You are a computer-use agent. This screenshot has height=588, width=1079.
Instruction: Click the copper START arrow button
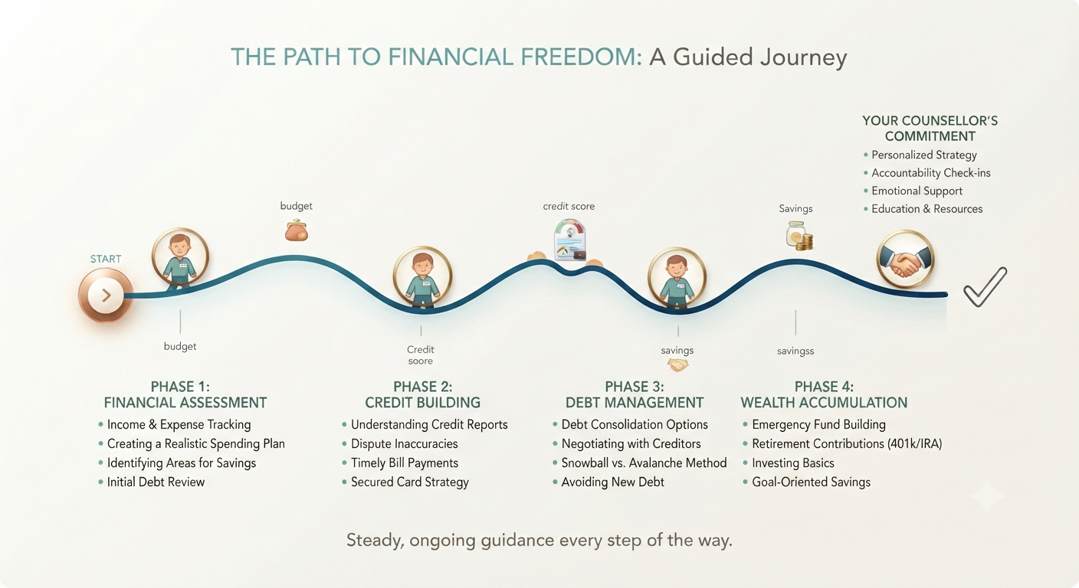(x=106, y=295)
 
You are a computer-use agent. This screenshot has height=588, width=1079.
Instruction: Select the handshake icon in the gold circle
(x=905, y=260)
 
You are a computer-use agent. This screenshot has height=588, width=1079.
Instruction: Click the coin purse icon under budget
(x=297, y=230)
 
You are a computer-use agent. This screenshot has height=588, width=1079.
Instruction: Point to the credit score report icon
(x=570, y=240)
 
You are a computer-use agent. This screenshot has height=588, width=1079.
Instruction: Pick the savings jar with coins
(x=799, y=236)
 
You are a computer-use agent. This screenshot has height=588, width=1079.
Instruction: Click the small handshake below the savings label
(x=677, y=365)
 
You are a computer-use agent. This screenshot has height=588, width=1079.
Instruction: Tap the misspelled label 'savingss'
(x=795, y=351)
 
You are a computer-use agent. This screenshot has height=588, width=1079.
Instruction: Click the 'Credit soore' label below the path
(x=421, y=355)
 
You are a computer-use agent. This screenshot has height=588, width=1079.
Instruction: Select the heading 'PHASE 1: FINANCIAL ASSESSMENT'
(x=185, y=394)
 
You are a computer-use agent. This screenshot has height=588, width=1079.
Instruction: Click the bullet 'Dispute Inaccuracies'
(x=404, y=443)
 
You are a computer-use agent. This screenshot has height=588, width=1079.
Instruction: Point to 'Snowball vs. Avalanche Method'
(x=644, y=463)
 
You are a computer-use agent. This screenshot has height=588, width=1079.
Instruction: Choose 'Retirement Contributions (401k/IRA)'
(x=847, y=443)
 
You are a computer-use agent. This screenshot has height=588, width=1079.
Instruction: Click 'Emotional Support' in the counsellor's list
(x=917, y=191)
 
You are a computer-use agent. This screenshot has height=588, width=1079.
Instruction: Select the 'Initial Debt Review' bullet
(x=156, y=482)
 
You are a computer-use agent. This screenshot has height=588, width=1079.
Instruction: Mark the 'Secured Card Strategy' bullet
(x=409, y=482)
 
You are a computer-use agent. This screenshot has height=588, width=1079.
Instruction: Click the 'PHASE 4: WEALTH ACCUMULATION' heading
(x=824, y=394)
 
